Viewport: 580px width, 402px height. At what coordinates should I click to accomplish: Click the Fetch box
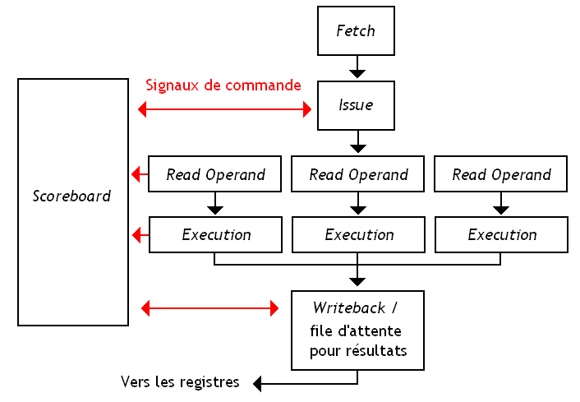click(x=357, y=31)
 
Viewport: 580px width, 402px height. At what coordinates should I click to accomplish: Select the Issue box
click(x=357, y=104)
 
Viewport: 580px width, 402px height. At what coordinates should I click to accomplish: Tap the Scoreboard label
click(x=72, y=196)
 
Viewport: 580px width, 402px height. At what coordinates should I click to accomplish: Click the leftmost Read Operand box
click(x=215, y=174)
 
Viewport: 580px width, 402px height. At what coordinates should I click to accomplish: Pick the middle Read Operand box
click(x=358, y=174)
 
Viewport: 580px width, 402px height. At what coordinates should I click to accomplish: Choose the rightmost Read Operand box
click(x=501, y=174)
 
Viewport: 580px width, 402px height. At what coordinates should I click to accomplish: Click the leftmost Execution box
click(x=215, y=234)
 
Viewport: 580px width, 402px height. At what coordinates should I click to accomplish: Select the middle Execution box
click(x=358, y=234)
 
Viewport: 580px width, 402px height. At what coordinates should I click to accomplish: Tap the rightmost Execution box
click(x=501, y=234)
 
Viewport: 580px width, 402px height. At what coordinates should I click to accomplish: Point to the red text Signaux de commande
click(x=223, y=85)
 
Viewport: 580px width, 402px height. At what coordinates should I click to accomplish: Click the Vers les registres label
click(x=180, y=381)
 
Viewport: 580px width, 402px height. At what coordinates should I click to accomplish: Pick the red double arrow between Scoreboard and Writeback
click(x=210, y=309)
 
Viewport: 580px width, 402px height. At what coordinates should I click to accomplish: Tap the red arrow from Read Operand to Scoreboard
click(x=140, y=174)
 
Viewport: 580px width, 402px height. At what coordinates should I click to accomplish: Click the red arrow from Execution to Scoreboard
click(x=140, y=236)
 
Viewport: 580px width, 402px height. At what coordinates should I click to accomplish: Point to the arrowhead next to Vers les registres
click(x=258, y=383)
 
